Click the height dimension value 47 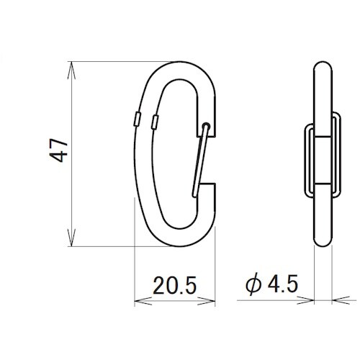59,150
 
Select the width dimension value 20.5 175,286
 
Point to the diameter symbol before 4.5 253,284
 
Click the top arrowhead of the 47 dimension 71,71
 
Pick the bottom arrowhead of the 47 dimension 71,238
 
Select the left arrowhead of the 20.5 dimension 143,301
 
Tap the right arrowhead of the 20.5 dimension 207,301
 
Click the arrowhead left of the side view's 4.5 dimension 305,300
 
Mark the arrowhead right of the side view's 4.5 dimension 341,300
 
